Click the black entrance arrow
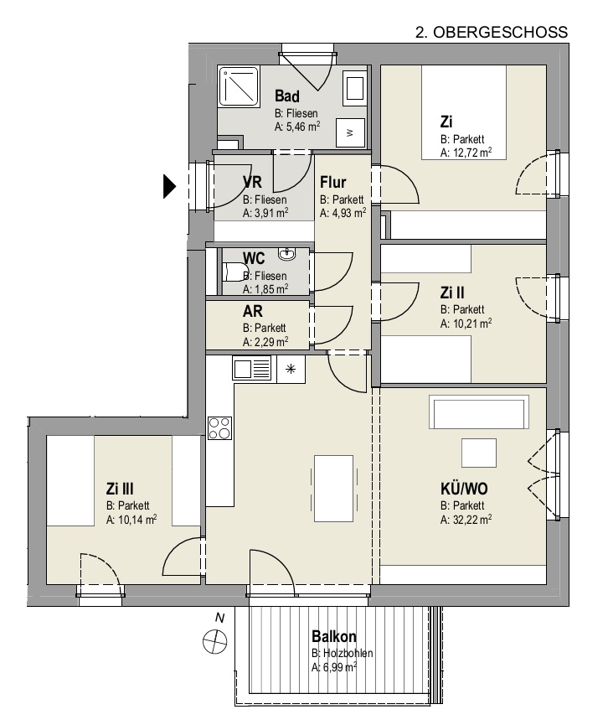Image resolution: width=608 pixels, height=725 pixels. click(x=169, y=187)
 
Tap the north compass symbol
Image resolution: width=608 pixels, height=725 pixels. click(x=215, y=642)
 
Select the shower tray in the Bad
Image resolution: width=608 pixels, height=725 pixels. click(x=239, y=86)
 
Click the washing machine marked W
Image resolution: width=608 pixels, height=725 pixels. click(x=350, y=132)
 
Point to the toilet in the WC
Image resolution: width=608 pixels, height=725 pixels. click(x=234, y=272)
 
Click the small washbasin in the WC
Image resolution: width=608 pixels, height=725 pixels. click(x=287, y=254)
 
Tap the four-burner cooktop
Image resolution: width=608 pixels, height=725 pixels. click(x=219, y=428)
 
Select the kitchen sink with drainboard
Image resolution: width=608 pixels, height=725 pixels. click(x=252, y=370)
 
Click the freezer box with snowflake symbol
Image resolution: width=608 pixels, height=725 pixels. click(x=291, y=369)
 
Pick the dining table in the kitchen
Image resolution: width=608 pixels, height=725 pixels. click(x=333, y=489)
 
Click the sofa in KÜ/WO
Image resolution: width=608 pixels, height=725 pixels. click(x=479, y=412)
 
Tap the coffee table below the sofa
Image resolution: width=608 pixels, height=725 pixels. click(x=479, y=453)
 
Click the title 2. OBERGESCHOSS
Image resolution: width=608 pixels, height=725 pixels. click(x=492, y=33)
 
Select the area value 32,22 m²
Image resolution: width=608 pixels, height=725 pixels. click(x=471, y=520)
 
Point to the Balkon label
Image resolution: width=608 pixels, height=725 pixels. click(x=334, y=637)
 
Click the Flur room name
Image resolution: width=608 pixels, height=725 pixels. click(x=333, y=182)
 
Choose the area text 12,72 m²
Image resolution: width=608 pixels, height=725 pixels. click(x=471, y=153)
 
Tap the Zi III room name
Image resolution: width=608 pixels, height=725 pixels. click(x=120, y=489)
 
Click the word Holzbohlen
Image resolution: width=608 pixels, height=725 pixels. click(x=348, y=653)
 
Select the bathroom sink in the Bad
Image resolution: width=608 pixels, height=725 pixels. click(x=355, y=88)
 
